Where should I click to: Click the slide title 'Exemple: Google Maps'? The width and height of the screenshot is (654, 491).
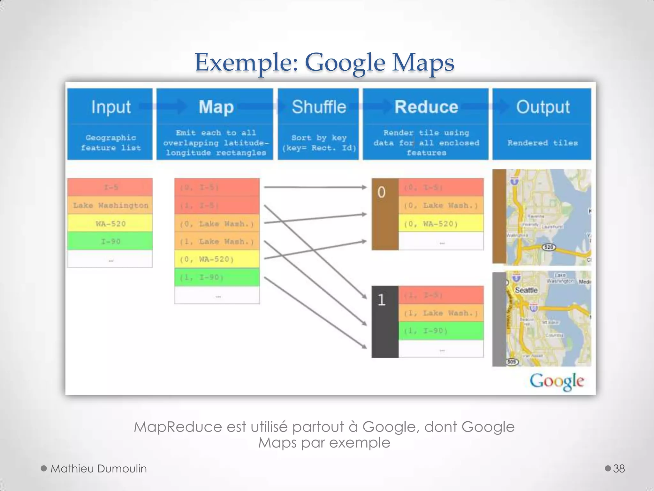[x=324, y=62]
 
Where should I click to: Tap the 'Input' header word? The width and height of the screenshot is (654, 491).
[x=111, y=107]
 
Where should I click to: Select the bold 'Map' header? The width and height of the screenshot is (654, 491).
[x=216, y=107]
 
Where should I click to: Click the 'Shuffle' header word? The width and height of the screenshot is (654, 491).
[x=319, y=107]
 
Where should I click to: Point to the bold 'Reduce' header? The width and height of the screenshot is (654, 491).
[x=426, y=107]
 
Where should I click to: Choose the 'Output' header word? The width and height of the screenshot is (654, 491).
[x=543, y=107]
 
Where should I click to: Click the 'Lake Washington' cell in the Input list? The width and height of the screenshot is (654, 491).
[x=110, y=205]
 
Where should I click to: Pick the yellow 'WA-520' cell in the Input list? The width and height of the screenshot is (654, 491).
[x=110, y=223]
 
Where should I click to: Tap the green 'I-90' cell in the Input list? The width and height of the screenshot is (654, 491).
[x=110, y=241]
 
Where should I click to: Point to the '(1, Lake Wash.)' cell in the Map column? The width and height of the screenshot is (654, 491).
[x=217, y=241]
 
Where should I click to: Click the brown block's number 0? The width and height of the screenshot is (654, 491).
[x=381, y=192]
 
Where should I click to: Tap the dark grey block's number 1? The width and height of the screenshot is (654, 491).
[x=381, y=300]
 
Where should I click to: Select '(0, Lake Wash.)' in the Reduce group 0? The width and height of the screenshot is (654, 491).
[x=441, y=205]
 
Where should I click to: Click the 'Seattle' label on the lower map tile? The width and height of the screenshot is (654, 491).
[x=526, y=290]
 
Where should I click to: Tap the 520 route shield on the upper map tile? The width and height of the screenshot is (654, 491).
[x=549, y=247]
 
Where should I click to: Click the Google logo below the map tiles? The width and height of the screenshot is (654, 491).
[x=557, y=381]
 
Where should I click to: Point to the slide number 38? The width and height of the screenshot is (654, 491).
[x=619, y=469]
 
